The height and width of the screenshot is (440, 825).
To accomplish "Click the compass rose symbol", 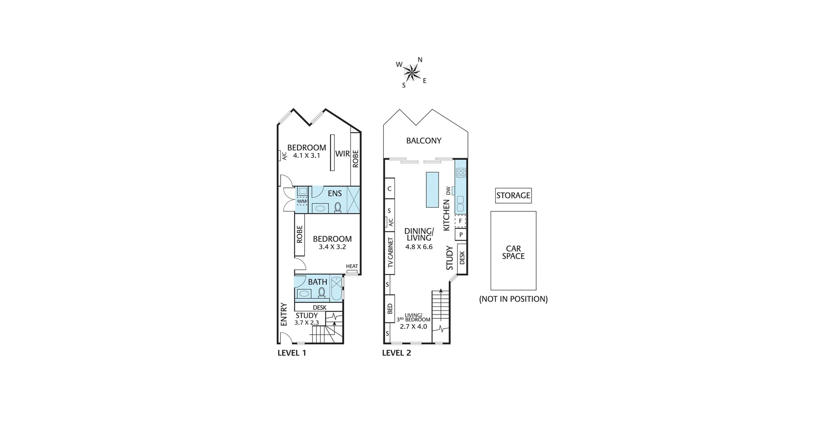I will click(x=412, y=72).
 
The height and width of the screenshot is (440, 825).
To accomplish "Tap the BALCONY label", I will click(x=424, y=141).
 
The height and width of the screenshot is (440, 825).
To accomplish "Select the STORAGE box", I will click(x=513, y=196).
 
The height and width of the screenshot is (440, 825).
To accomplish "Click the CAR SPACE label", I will click(x=513, y=252).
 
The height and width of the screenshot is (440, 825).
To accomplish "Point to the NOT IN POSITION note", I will click(x=513, y=299).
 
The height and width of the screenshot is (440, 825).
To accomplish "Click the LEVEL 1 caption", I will click(x=292, y=353).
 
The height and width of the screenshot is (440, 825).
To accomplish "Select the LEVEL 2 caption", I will click(x=397, y=353).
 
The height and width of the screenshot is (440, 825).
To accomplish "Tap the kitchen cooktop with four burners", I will click(x=461, y=173).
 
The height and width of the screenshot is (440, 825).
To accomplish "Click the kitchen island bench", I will click(x=432, y=189).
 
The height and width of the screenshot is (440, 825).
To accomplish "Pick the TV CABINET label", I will click(x=391, y=253).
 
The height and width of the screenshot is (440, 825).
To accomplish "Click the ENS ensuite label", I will click(x=335, y=194).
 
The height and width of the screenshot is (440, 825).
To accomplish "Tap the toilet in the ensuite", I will click(x=338, y=207).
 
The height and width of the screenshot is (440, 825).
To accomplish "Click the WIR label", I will click(x=342, y=154).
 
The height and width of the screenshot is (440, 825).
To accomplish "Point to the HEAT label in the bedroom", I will click(x=352, y=266).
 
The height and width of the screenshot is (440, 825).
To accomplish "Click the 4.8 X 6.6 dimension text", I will click(x=419, y=247).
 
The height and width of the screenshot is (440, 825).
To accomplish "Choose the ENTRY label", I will click(x=284, y=314).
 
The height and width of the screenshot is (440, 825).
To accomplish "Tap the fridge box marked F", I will click(x=461, y=221).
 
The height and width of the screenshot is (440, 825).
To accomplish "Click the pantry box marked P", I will click(x=461, y=235).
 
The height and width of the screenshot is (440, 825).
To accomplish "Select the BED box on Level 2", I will click(x=390, y=309).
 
